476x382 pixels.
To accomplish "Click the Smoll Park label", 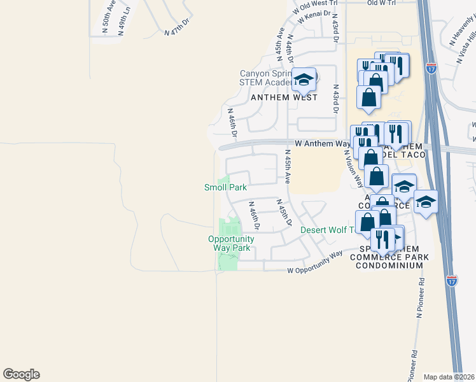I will click(225, 187).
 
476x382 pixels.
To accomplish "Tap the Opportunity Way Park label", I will click(231, 243).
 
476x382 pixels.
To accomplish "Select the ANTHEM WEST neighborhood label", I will click(284, 97).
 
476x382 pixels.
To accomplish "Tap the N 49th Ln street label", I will click(126, 18).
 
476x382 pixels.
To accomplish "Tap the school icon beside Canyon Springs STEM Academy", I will click(304, 80).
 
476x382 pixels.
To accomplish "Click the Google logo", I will click(21, 374).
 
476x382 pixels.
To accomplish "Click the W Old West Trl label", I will click(312, 6).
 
